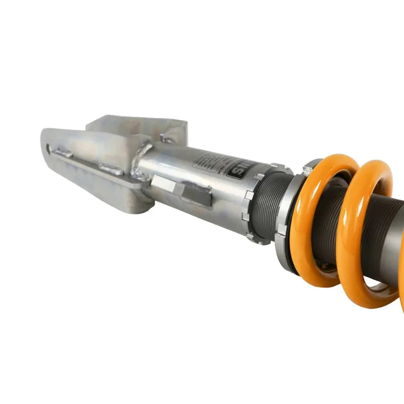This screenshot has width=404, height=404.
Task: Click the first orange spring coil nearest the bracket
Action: (321, 220)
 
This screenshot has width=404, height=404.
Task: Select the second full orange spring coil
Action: (365, 230)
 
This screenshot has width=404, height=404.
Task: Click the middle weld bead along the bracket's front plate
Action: (110, 169)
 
